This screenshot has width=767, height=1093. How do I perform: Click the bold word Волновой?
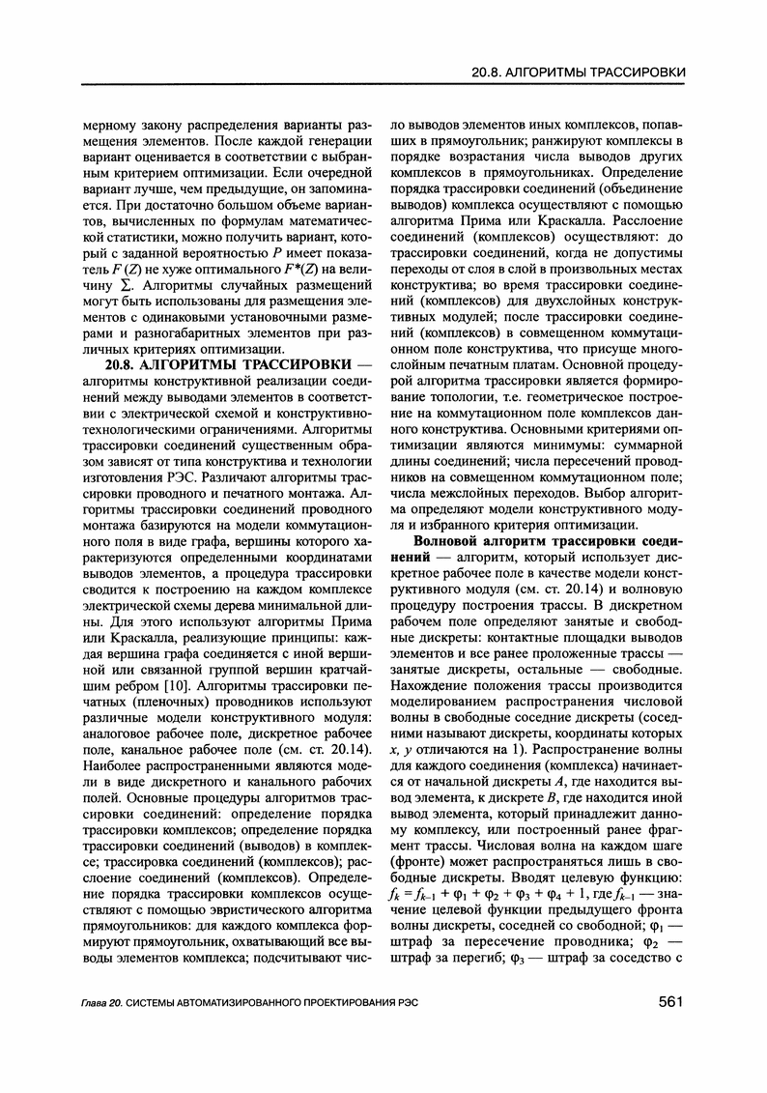(x=448, y=539)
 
